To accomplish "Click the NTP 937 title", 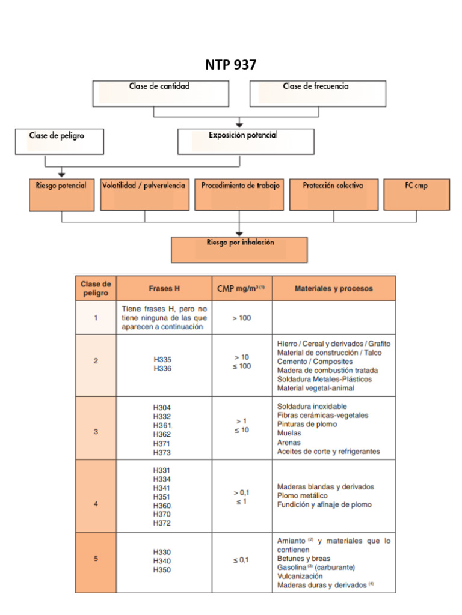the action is (230, 65).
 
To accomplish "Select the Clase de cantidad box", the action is (161, 94).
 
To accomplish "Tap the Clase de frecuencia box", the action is (318, 94).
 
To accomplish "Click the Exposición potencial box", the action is (246, 142).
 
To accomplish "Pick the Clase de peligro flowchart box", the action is (60, 142).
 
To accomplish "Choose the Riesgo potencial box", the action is (62, 195).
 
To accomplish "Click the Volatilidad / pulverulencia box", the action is (144, 195).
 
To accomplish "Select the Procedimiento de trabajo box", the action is (239, 195).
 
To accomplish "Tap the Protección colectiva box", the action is (334, 195).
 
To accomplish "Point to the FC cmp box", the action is (417, 195).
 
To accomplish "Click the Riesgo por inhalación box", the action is (239, 250).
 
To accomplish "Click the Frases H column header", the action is (164, 289).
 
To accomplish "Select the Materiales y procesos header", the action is (334, 289).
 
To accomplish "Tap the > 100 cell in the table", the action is (242, 318).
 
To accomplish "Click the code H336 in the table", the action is (162, 368).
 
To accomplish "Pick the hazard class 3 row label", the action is (96, 432).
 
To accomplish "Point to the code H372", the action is (162, 523).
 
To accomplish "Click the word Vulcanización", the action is (300, 576).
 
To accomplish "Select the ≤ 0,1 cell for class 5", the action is (241, 560).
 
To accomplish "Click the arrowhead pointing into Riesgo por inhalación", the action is (239, 234).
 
